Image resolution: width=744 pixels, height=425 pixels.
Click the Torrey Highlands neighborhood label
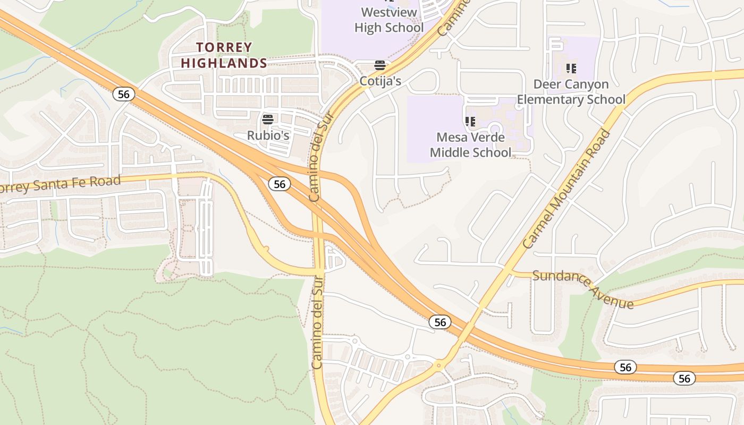[x=224, y=55]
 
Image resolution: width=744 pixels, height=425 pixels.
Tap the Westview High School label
[x=388, y=20]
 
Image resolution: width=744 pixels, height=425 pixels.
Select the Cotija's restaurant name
[x=380, y=81]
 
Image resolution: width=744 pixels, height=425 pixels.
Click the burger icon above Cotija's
[x=379, y=65]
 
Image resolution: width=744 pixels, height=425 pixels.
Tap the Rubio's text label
[x=268, y=135]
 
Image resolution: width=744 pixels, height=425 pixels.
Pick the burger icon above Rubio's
[x=268, y=119]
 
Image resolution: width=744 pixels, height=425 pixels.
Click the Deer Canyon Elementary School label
[x=571, y=92]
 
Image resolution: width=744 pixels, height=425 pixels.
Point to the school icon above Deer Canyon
[x=571, y=68]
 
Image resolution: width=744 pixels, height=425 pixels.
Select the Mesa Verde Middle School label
[x=470, y=144]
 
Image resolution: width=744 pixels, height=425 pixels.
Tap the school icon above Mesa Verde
[x=470, y=122]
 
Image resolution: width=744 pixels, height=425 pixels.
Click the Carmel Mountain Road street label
[x=567, y=189]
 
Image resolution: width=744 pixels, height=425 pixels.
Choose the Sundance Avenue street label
[x=583, y=289]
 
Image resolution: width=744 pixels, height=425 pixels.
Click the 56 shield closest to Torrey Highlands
[x=124, y=94]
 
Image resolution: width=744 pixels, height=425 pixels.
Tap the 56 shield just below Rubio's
[x=280, y=184]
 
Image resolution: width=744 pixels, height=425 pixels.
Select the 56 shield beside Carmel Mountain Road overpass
[x=440, y=321]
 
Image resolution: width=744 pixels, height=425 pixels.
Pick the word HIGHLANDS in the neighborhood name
[x=224, y=63]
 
